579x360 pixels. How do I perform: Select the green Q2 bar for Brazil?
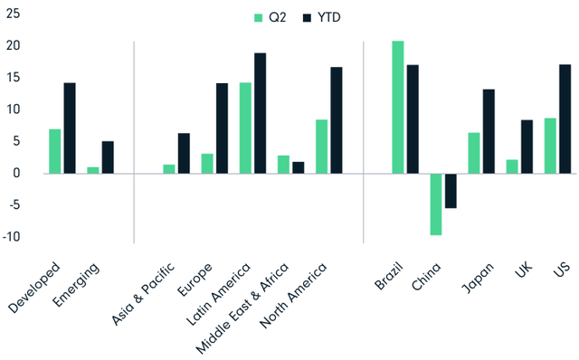(398, 107)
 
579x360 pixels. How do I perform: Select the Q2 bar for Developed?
(55, 151)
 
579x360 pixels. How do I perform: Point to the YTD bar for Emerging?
(108, 156)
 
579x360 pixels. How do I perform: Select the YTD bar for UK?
(527, 146)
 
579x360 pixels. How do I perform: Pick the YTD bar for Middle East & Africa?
(299, 167)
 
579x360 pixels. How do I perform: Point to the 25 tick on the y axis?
(12, 14)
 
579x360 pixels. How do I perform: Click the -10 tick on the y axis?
(12, 237)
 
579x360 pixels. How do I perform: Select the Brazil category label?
(389, 278)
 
